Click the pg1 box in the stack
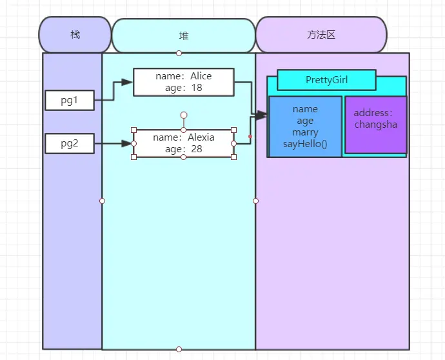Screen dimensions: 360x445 [x=70, y=100]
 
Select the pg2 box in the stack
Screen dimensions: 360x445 [x=70, y=143]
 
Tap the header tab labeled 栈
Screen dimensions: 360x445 [x=75, y=34]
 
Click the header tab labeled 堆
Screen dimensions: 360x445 [x=184, y=35]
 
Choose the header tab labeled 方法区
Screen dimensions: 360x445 [x=321, y=34]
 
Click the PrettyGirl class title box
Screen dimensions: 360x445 [x=326, y=80]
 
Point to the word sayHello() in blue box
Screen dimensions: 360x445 [x=305, y=144]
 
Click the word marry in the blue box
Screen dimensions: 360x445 [x=305, y=132]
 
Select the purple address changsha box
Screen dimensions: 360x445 [x=375, y=125]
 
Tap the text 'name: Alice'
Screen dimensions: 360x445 [x=184, y=76]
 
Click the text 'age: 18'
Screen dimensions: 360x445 [x=184, y=88]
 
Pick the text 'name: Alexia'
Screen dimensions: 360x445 [x=184, y=137]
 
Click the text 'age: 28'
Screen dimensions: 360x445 [x=184, y=149]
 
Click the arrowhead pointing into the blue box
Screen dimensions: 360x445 [x=261, y=115]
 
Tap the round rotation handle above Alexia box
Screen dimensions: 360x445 [x=184, y=115]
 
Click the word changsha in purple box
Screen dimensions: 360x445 [x=375, y=125]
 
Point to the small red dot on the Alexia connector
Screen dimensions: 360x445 [x=250, y=136]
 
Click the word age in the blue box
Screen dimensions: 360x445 [x=305, y=121]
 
